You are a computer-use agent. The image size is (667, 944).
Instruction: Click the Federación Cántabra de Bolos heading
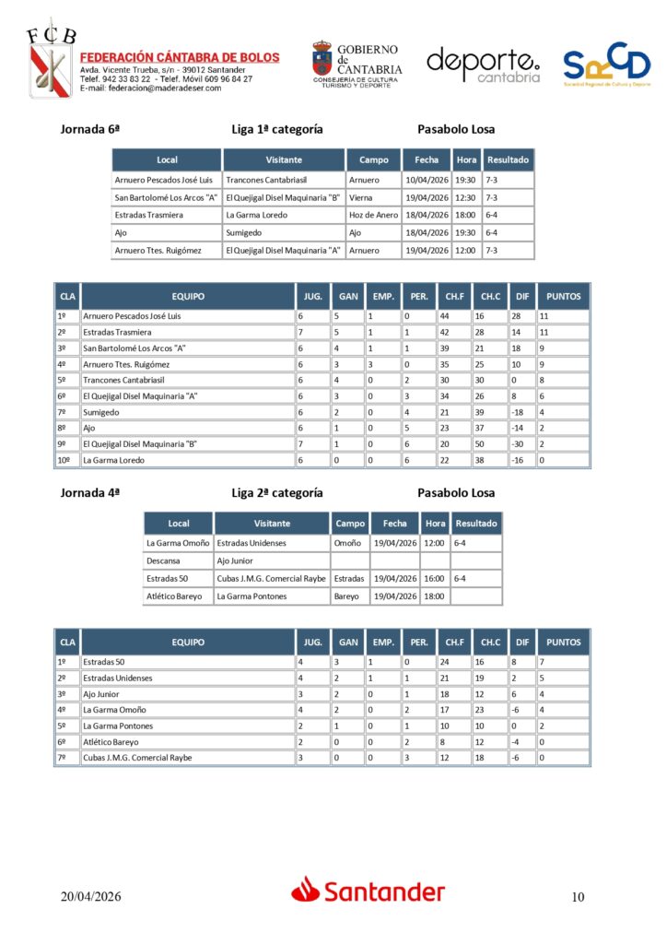[x=180, y=57]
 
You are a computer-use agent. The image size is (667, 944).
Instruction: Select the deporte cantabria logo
[x=483, y=65]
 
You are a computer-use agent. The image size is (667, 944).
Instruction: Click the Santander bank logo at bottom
[x=369, y=891]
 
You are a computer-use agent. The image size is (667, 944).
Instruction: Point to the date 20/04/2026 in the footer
[x=91, y=897]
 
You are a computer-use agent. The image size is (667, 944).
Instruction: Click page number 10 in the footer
[x=578, y=897]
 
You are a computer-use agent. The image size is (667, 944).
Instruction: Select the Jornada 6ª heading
[x=90, y=130]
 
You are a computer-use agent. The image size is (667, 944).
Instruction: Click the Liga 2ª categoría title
[x=276, y=493]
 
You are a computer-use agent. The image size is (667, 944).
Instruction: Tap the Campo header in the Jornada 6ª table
[x=373, y=159]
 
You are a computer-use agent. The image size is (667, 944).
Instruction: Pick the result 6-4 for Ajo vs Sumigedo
[x=497, y=233]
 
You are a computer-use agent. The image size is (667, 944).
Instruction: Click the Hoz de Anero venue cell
[x=373, y=215]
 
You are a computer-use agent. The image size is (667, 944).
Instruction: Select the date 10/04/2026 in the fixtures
[x=427, y=180]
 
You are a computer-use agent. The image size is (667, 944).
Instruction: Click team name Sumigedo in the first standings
[x=101, y=412]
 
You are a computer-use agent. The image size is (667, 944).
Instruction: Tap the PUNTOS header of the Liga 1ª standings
[x=563, y=297]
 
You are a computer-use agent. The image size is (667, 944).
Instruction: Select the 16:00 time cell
[x=436, y=579]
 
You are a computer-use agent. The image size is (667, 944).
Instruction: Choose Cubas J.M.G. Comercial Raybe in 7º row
[x=137, y=758]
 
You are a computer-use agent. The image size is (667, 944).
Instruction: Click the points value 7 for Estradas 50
[x=544, y=662]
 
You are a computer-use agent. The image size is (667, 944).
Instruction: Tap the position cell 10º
[x=64, y=460]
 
